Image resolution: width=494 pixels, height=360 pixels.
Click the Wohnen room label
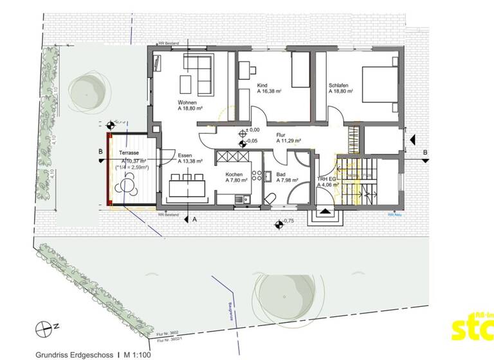coord(187,102)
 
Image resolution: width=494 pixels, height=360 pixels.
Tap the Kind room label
coord(262,85)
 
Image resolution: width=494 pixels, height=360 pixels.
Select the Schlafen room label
coord(338,85)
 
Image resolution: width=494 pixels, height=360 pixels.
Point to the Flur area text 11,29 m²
coord(289,141)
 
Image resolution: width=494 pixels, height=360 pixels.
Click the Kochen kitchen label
coord(233,174)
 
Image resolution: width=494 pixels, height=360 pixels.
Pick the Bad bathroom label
coord(280,174)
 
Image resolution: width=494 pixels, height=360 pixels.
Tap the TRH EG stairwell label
coord(325,179)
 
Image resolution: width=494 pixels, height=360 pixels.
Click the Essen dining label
coord(185,156)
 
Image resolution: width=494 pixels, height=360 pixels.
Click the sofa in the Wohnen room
coord(205,75)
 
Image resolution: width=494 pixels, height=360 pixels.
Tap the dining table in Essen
coord(187,187)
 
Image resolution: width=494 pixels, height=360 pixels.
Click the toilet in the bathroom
coord(271,197)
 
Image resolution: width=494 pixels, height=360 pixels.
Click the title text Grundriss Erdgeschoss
coord(74,354)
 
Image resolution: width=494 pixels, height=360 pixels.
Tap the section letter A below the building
coord(194,219)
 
